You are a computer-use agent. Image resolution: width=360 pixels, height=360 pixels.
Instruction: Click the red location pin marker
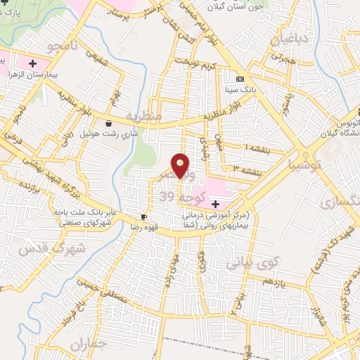pyautogui.click(x=181, y=165)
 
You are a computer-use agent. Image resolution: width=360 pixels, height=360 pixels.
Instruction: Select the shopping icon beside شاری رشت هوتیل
pyautogui.click(x=109, y=123)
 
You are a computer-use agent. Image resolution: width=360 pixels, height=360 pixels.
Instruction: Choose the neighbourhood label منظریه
pyautogui.click(x=143, y=115)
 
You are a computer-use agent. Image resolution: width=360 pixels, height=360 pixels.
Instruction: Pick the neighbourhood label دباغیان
pyautogui.click(x=290, y=39)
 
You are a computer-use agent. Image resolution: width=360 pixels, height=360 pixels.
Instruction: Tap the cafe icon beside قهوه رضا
pyautogui.click(x=144, y=217)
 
